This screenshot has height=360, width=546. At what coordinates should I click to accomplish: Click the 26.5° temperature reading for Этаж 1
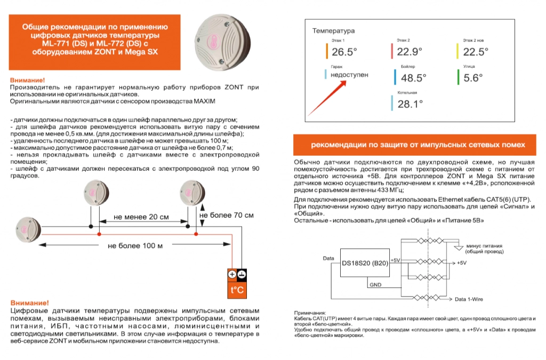coord(344,52)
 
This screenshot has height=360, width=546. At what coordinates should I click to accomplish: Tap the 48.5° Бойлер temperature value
coord(413,78)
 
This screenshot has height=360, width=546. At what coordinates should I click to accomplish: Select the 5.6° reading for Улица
coord(473,78)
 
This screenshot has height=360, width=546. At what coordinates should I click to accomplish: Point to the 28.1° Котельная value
coord(410,104)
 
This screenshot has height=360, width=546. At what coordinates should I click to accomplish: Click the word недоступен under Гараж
coord(349,75)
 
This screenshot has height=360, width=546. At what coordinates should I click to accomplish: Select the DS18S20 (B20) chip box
coord(365,263)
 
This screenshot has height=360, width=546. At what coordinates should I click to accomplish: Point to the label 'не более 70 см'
coord(227,215)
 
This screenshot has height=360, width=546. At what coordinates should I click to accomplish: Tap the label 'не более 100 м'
coord(135,246)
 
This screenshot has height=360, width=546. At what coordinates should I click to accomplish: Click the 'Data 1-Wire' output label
coord(469,300)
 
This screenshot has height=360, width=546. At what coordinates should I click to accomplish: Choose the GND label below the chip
coord(375,285)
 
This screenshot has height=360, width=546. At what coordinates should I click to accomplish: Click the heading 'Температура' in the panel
coord(333,31)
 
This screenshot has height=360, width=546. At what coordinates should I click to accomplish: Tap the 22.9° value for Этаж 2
coord(409,52)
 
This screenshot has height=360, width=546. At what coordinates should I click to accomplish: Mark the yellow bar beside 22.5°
coord(458,51)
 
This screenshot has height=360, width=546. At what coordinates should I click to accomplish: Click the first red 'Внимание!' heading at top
coord(27,79)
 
